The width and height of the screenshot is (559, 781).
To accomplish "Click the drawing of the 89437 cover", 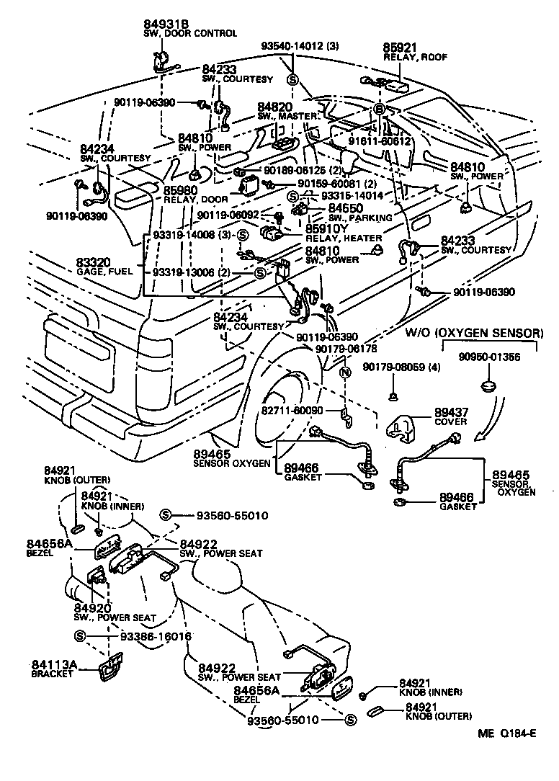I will pos(406,429).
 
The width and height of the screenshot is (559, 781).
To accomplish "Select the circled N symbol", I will pos(346,372).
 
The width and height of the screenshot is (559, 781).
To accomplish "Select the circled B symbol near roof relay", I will pos(377,110).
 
